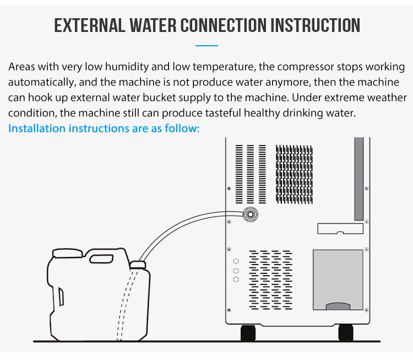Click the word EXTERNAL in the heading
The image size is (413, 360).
(x=86, y=25)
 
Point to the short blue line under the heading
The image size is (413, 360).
(x=206, y=46)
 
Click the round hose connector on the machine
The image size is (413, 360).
(x=251, y=213)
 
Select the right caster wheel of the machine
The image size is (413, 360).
(x=345, y=332)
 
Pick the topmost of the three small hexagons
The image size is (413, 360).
(x=236, y=261)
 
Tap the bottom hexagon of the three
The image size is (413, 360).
(x=236, y=280)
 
